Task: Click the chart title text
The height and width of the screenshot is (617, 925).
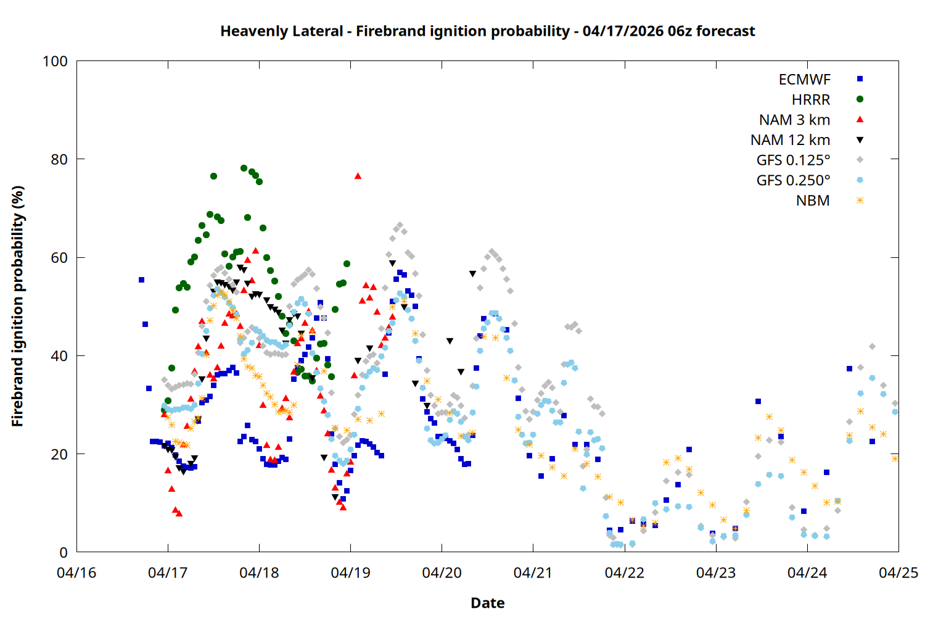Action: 487,31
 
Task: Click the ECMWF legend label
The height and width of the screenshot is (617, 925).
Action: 804,80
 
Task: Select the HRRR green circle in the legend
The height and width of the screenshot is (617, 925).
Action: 860,99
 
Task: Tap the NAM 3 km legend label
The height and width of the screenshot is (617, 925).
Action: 794,120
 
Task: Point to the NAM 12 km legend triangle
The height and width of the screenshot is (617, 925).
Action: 860,140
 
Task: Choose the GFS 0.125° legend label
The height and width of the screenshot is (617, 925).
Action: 793,160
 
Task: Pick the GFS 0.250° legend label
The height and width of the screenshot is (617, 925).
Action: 793,181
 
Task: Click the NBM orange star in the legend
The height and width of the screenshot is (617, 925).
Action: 860,201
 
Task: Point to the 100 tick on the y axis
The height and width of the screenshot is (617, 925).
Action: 55,61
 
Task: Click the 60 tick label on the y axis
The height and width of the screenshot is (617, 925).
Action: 59,258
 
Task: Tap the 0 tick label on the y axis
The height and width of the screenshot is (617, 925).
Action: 64,553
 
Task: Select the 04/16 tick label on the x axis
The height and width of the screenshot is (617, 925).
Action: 76,573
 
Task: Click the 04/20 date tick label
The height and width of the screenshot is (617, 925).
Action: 442,573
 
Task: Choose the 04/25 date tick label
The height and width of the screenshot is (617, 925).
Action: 898,573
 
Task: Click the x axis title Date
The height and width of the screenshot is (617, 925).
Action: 487,603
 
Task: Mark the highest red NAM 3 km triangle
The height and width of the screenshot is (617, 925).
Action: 358,176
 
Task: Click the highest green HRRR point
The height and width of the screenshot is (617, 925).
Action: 244,168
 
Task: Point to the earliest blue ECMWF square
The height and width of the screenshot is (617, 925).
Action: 141,280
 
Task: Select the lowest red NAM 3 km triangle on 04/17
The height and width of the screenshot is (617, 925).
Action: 179,513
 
